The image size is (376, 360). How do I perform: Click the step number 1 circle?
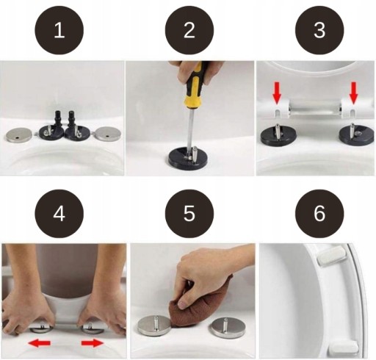59,30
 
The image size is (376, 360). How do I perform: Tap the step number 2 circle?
189,30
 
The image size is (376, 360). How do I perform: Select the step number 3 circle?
319,30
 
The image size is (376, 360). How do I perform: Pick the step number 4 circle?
59,213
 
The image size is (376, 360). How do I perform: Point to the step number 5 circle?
189,213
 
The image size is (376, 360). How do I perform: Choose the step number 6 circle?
319,213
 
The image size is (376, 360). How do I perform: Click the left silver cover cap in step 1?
19,134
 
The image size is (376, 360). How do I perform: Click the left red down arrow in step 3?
277,93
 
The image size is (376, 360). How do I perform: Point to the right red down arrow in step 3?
353,93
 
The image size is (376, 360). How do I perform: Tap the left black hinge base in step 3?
278,136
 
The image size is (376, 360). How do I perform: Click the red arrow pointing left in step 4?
40,342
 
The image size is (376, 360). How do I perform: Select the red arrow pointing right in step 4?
93,342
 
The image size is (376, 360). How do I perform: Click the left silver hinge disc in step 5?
153,325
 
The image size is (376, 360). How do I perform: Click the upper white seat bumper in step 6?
332,256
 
